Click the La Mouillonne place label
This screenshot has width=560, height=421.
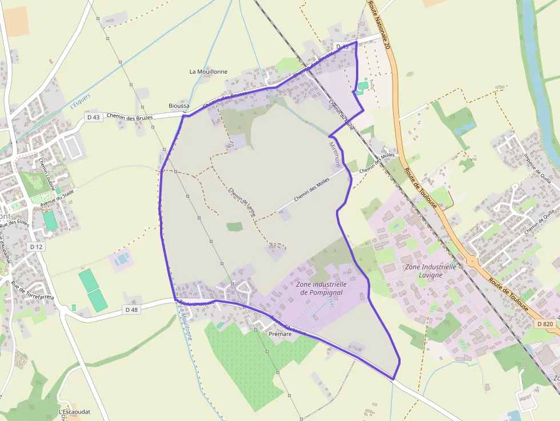click(208, 71)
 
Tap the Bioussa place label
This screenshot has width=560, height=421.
click(179, 106)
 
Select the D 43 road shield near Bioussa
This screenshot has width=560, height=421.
click(93, 117)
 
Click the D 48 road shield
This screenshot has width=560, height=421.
click(131, 310)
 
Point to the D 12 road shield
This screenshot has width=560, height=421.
click(36, 246)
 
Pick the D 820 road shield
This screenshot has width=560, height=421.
click(545, 324)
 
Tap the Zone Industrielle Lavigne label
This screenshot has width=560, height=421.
click(430, 270)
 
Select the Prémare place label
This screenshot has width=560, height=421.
click(280, 333)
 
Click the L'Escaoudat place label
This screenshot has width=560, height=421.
click(75, 412)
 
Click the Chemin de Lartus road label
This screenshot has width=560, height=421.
click(242, 202)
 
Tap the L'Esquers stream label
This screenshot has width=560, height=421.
click(81, 101)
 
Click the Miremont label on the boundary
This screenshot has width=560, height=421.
click(335, 153)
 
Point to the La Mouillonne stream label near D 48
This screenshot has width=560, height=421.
click(186, 322)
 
